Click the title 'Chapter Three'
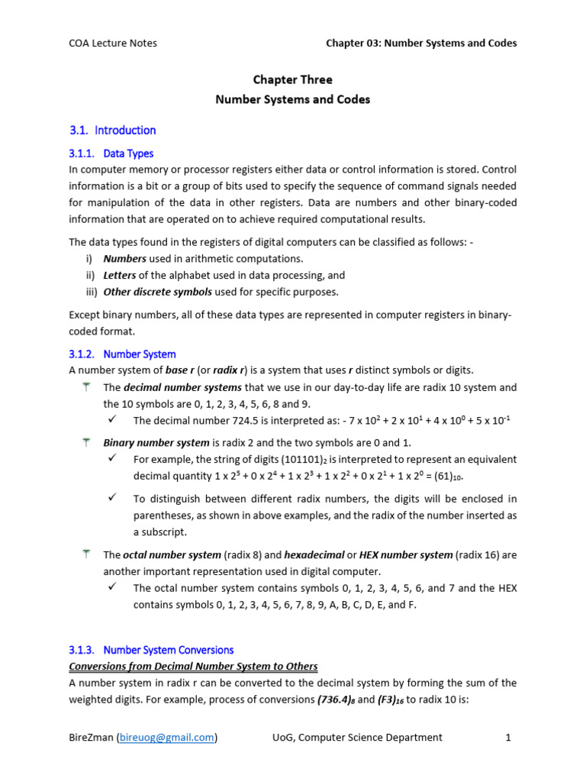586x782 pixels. [292, 79]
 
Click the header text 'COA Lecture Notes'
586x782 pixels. [113, 43]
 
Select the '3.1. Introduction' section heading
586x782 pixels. [112, 130]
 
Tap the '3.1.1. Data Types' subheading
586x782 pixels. [111, 153]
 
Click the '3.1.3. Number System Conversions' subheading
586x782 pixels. [151, 650]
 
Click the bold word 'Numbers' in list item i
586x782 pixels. [124, 259]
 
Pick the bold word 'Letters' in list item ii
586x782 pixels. [121, 275]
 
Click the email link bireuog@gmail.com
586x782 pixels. [166, 737]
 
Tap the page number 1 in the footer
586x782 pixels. [507, 737]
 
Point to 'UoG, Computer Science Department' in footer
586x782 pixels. [357, 737]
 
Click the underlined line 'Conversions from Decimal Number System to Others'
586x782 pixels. [193, 667]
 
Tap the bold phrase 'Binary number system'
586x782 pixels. [156, 443]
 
